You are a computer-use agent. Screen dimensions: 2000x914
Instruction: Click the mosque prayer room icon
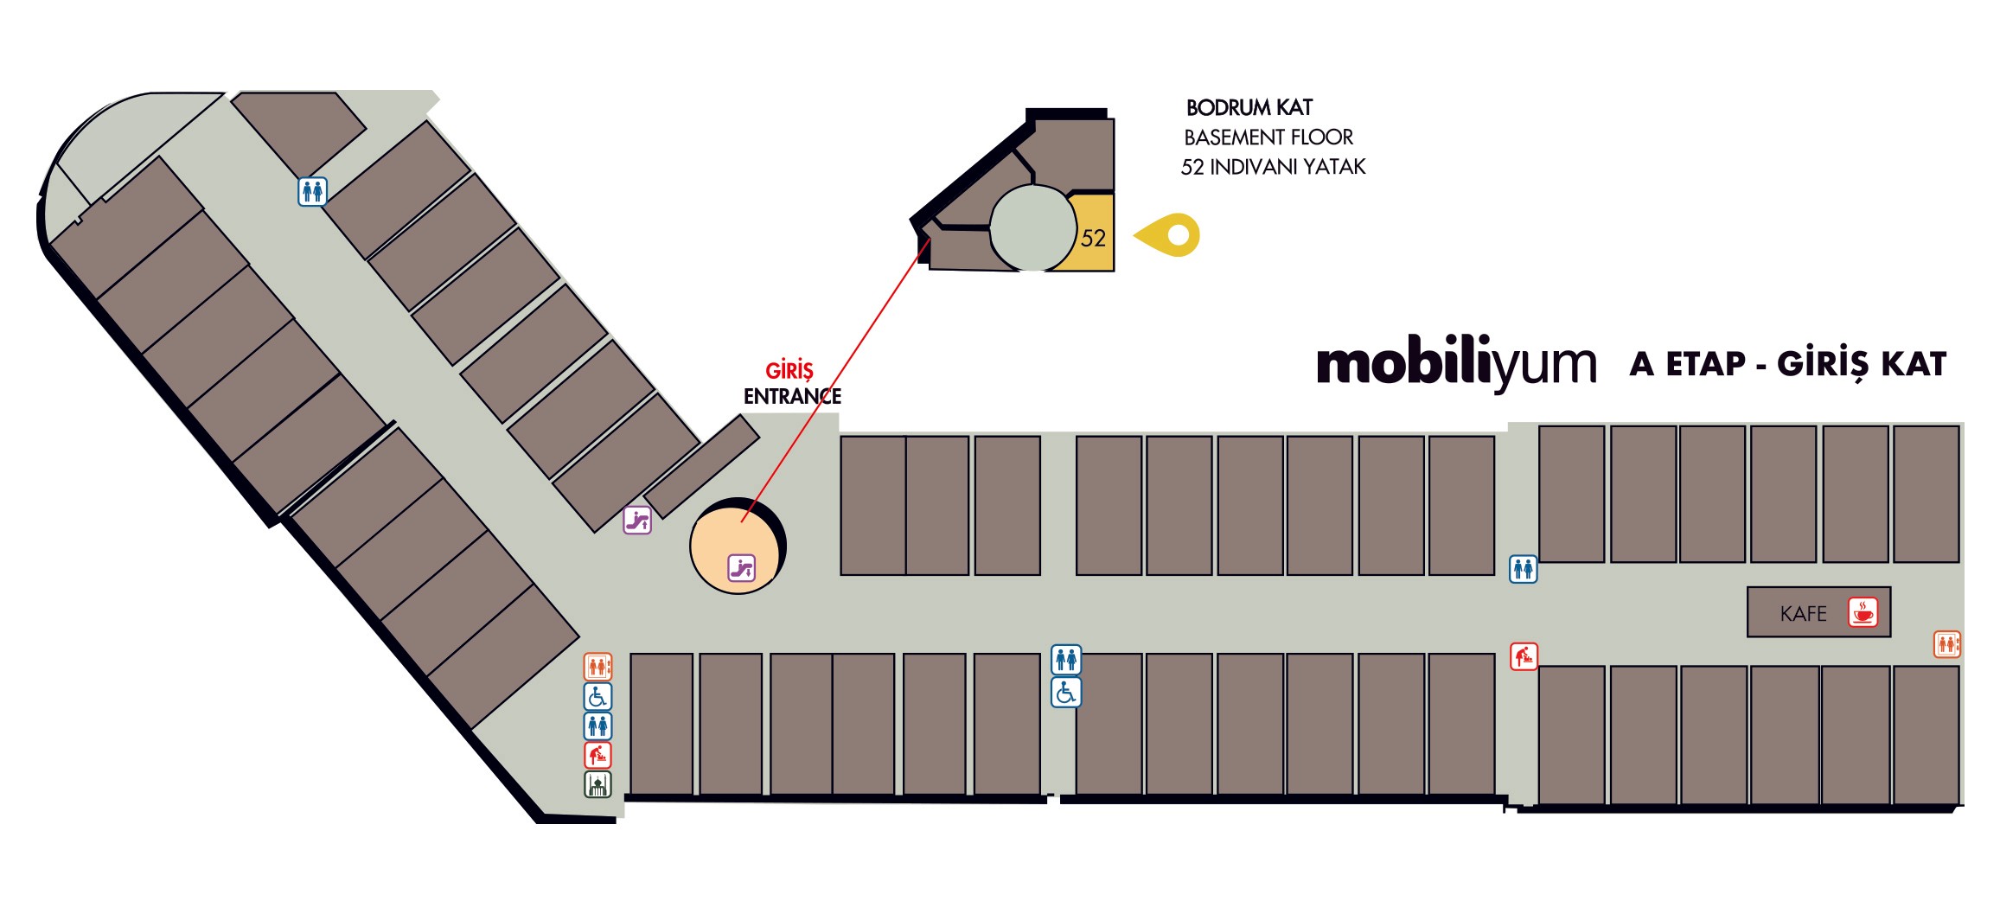click(x=597, y=784)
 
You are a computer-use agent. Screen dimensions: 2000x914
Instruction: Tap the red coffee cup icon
click(x=1863, y=611)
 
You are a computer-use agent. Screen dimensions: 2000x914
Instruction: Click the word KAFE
click(x=1803, y=614)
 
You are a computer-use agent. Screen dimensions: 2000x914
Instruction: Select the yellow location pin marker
click(x=1169, y=234)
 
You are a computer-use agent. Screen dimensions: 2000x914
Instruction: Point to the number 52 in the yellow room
click(x=1093, y=238)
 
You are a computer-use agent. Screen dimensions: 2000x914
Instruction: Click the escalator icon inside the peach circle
click(x=741, y=568)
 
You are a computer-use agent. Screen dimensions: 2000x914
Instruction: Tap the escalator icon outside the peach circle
click(x=637, y=520)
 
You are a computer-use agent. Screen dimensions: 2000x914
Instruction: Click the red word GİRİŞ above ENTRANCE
click(x=789, y=371)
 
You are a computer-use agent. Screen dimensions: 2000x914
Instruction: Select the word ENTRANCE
click(x=792, y=396)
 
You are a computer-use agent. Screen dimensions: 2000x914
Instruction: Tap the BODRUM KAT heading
click(x=1249, y=108)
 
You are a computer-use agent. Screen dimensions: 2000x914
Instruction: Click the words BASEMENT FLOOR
click(x=1268, y=137)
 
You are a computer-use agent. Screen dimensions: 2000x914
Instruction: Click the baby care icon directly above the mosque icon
click(x=597, y=755)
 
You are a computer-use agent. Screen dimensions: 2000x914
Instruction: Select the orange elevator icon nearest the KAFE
click(x=1946, y=644)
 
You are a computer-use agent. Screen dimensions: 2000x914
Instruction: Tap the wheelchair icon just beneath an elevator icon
click(x=597, y=696)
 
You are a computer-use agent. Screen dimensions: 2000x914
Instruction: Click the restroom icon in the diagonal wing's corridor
click(x=312, y=191)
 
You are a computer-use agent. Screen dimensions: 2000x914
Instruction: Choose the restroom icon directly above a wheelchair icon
click(x=1065, y=660)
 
